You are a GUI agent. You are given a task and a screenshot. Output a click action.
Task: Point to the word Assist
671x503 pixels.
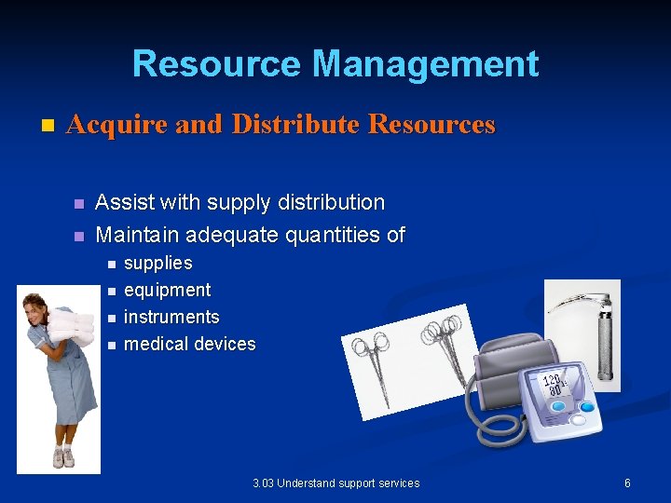pos(125,202)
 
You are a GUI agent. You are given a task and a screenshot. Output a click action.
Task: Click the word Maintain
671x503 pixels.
pos(136,235)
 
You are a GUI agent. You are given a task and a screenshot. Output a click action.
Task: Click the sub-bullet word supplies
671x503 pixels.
pos(157,264)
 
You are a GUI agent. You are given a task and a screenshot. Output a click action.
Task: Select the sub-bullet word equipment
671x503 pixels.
pos(167,291)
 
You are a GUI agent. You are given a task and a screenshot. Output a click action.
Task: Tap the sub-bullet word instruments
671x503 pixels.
pos(171,318)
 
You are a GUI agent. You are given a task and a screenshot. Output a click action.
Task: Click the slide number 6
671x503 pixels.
pos(627,483)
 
